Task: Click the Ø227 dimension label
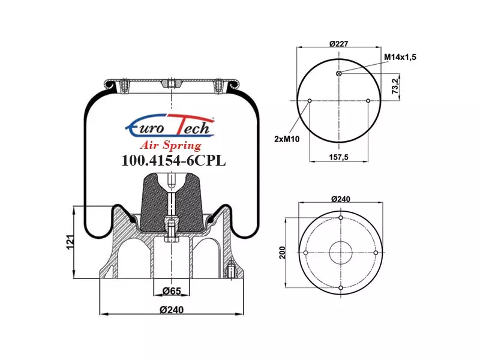pyautogui.click(x=338, y=44)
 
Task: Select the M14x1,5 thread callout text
pyautogui.click(x=400, y=57)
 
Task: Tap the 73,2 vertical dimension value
pyautogui.click(x=395, y=86)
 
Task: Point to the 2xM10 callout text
pyautogui.click(x=287, y=139)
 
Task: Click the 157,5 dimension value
pyautogui.click(x=338, y=157)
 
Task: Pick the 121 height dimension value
pyautogui.click(x=70, y=242)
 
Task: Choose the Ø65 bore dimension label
pyautogui.click(x=172, y=291)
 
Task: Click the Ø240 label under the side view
pyautogui.click(x=172, y=310)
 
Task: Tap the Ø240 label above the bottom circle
pyautogui.click(x=341, y=199)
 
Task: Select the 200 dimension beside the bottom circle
pyautogui.click(x=282, y=253)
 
